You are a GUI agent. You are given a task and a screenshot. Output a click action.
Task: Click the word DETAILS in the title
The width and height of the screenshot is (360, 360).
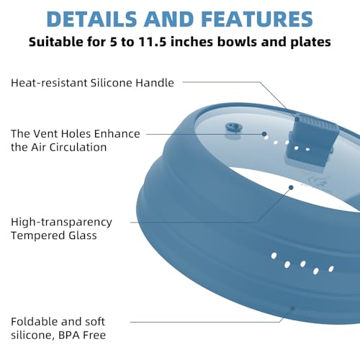[x=91, y=19]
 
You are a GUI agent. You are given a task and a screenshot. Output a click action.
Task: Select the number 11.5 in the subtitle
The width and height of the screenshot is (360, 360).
[x=153, y=42]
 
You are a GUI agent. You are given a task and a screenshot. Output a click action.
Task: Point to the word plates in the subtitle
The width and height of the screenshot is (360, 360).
[x=311, y=42]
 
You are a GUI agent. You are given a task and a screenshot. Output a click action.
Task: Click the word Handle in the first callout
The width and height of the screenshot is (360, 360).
[x=155, y=83]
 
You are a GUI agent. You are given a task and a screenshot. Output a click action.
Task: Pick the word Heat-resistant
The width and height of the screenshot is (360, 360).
[x=49, y=83]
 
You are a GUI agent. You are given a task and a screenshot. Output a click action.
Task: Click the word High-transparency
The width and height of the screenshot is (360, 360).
[x=61, y=222]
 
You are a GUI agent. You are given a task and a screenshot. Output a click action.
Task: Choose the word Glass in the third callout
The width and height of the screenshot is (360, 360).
[x=83, y=235]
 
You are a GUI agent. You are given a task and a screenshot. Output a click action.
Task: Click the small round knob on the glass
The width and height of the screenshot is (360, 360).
[x=232, y=127]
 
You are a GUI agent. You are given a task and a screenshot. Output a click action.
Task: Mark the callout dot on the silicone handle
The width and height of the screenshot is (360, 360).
[x=297, y=119]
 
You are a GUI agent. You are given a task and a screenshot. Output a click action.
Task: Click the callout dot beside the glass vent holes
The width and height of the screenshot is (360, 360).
[x=264, y=134]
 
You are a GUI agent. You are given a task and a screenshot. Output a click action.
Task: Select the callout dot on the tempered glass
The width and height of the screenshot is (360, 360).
[x=291, y=187]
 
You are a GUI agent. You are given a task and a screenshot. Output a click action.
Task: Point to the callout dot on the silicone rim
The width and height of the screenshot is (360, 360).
[x=292, y=308]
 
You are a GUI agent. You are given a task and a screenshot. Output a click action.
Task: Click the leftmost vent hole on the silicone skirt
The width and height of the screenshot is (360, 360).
[x=274, y=256]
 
